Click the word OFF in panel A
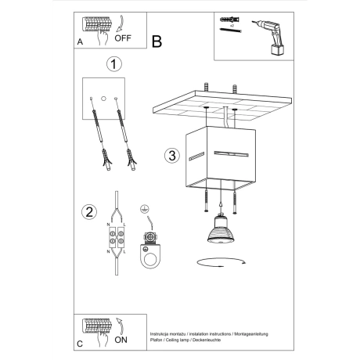[x=124, y=36]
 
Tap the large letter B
[x=157, y=41]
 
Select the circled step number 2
[x=90, y=211]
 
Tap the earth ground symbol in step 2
[x=144, y=210]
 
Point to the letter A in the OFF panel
[x=80, y=43]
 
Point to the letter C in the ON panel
[x=80, y=344]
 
